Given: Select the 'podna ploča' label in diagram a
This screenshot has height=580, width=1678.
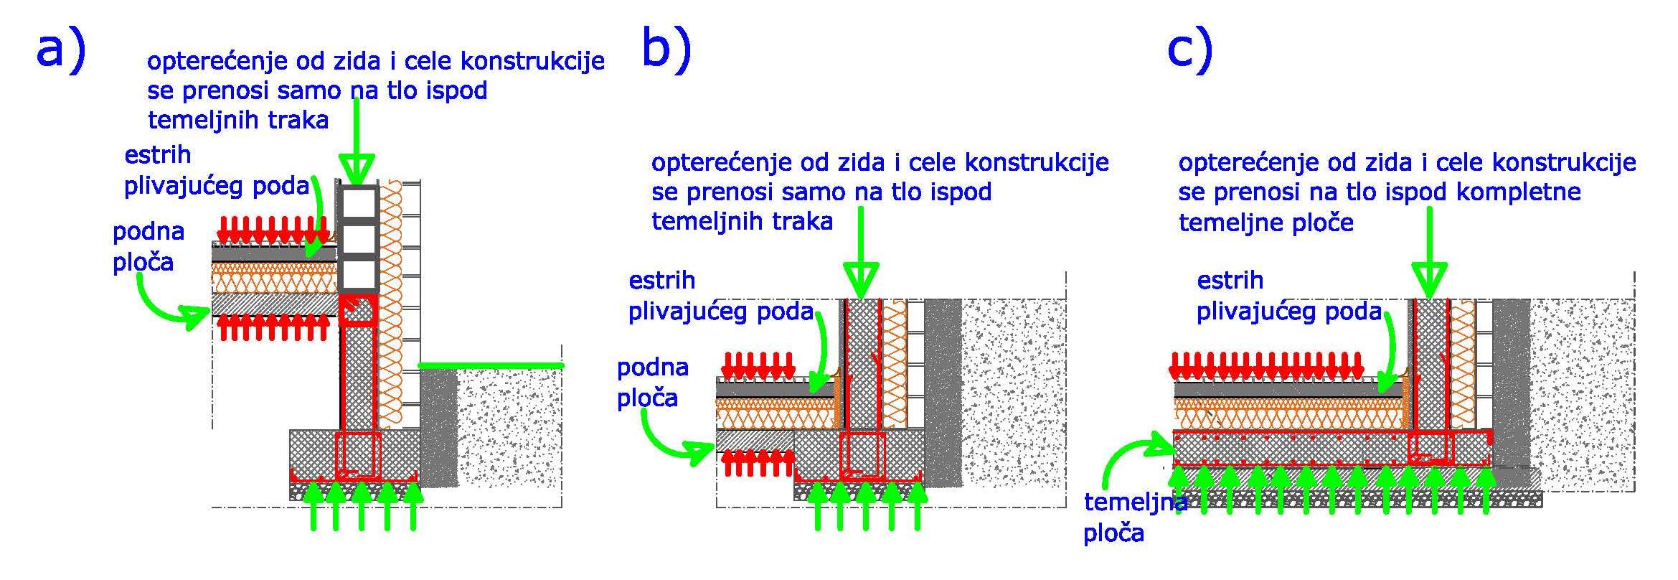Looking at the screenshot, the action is [149, 247].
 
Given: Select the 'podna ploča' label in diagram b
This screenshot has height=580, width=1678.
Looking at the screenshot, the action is [653, 383].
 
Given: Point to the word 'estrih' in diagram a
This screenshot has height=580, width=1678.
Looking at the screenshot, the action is [158, 155].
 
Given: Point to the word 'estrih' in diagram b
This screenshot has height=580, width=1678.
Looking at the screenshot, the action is [662, 280].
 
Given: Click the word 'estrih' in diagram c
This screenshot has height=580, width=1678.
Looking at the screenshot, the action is [1230, 280].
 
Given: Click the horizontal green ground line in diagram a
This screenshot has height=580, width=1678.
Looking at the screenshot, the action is [491, 365].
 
